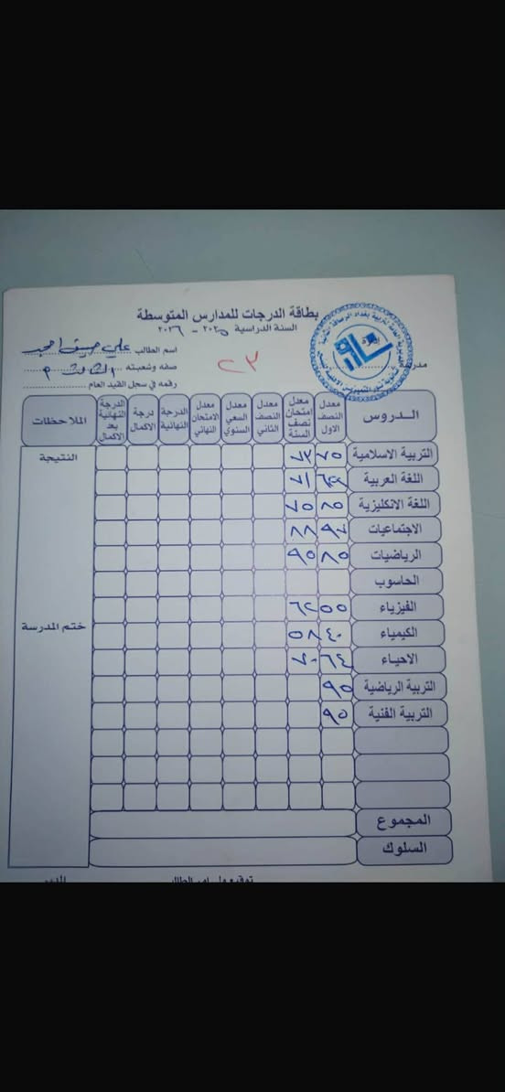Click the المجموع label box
(x=403, y=820)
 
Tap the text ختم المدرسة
(x=53, y=626)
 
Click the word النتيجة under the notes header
(x=56, y=454)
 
